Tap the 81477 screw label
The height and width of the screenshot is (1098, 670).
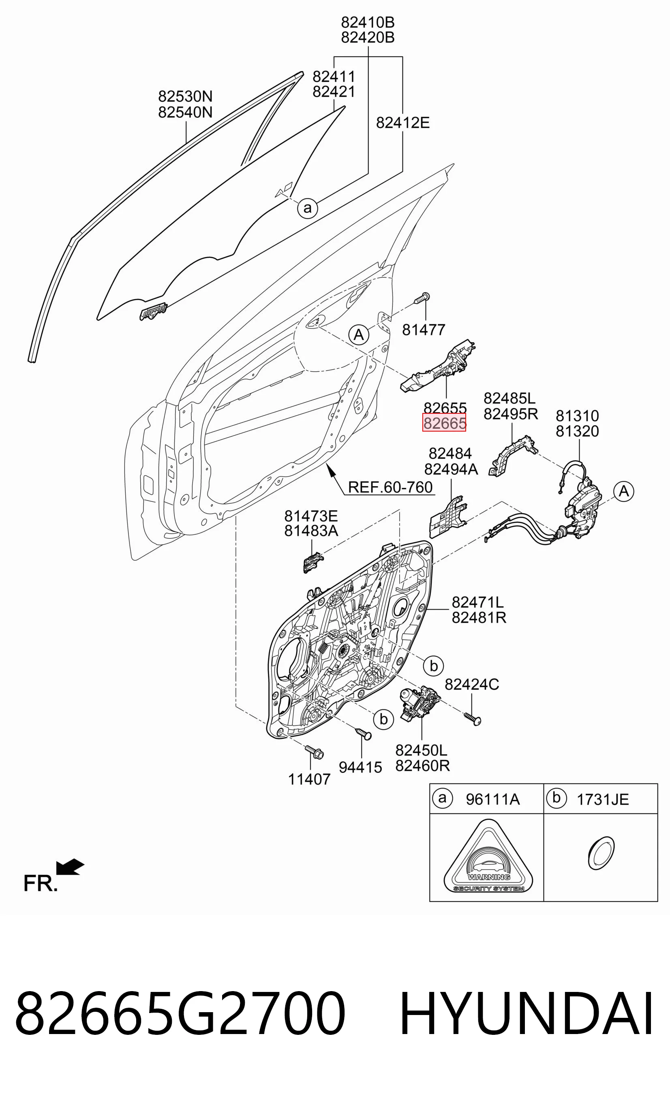(424, 330)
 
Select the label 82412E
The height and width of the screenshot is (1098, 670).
(403, 123)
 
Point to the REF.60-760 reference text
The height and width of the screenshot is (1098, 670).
(390, 487)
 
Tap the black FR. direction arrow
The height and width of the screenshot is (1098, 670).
(70, 867)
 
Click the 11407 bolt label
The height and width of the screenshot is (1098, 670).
(309, 779)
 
